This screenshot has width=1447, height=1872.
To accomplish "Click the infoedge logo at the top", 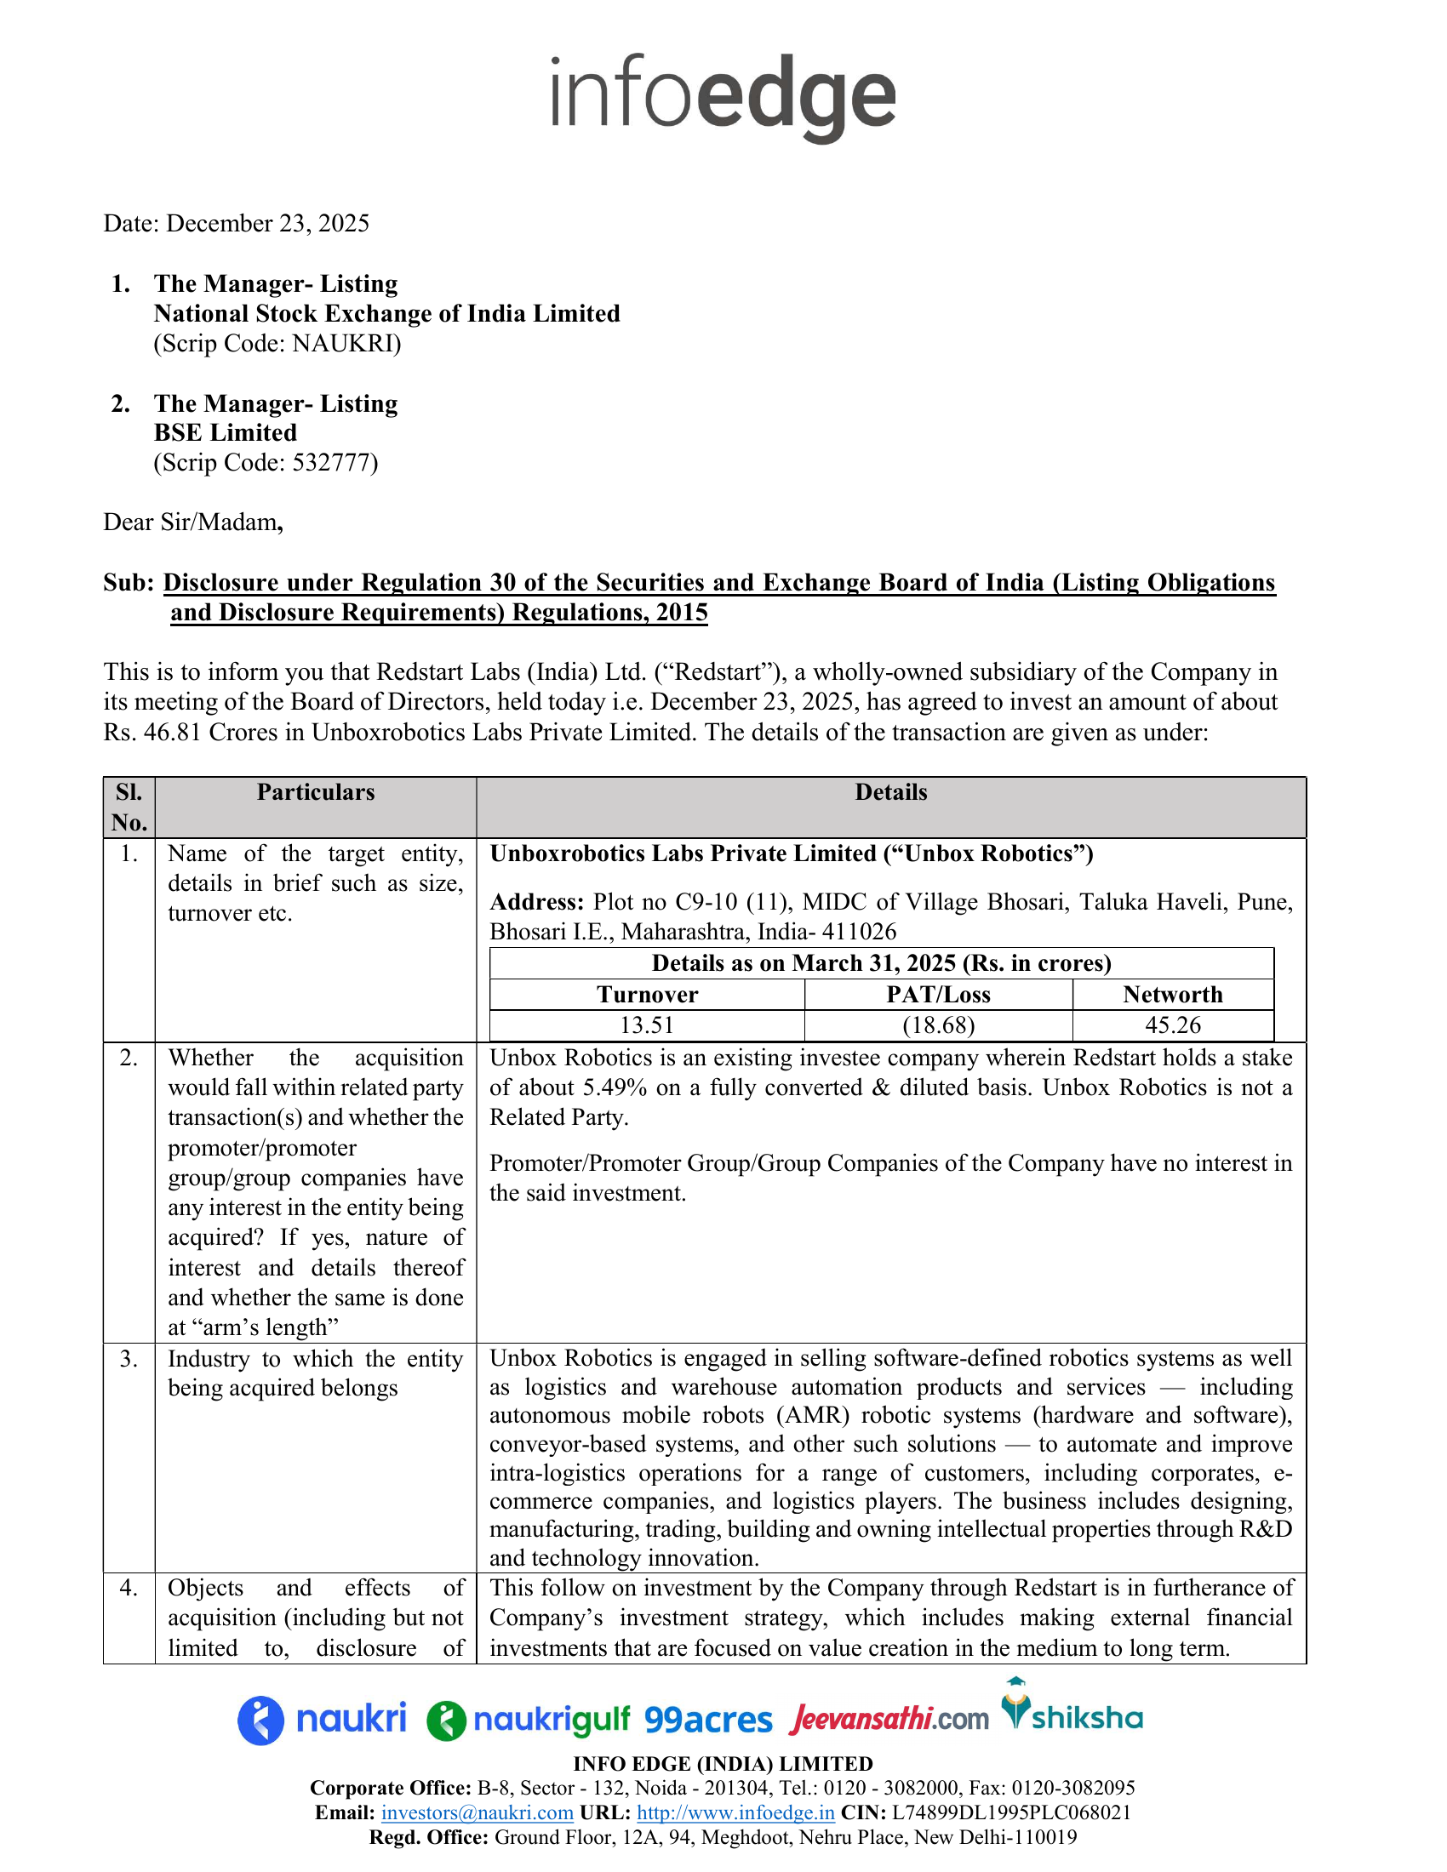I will [x=723, y=96].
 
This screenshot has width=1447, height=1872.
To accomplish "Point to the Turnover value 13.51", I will [x=646, y=1025].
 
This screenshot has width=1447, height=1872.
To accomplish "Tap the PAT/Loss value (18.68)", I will [x=938, y=1025].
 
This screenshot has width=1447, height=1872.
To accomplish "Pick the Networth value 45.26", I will [x=1173, y=1025].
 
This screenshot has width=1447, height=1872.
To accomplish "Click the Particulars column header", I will [x=316, y=792].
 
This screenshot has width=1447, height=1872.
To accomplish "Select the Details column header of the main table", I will [x=890, y=792].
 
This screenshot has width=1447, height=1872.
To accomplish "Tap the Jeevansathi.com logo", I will [x=889, y=1719].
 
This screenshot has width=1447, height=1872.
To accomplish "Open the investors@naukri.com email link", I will [x=477, y=1812].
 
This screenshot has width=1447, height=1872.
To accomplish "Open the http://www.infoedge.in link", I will [x=735, y=1812].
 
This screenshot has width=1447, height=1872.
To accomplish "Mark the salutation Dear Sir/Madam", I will [x=192, y=522].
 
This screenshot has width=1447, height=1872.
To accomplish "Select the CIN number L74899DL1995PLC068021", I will [x=1011, y=1812].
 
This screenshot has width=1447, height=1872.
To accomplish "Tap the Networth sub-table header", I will [x=1173, y=994].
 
